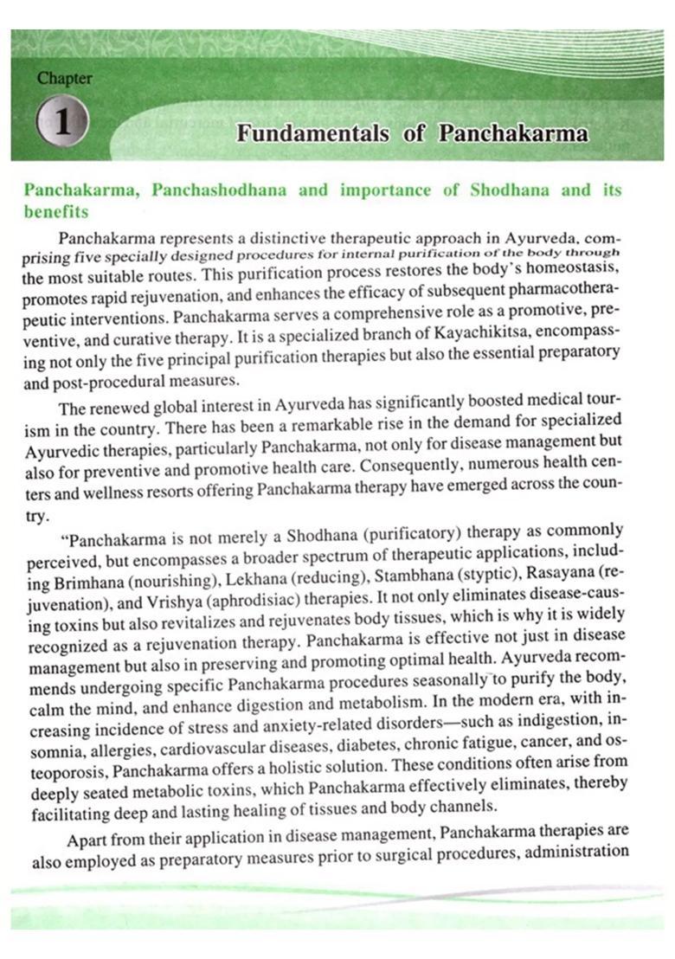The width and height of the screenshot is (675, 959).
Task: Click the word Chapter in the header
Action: pyautogui.click(x=64, y=78)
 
